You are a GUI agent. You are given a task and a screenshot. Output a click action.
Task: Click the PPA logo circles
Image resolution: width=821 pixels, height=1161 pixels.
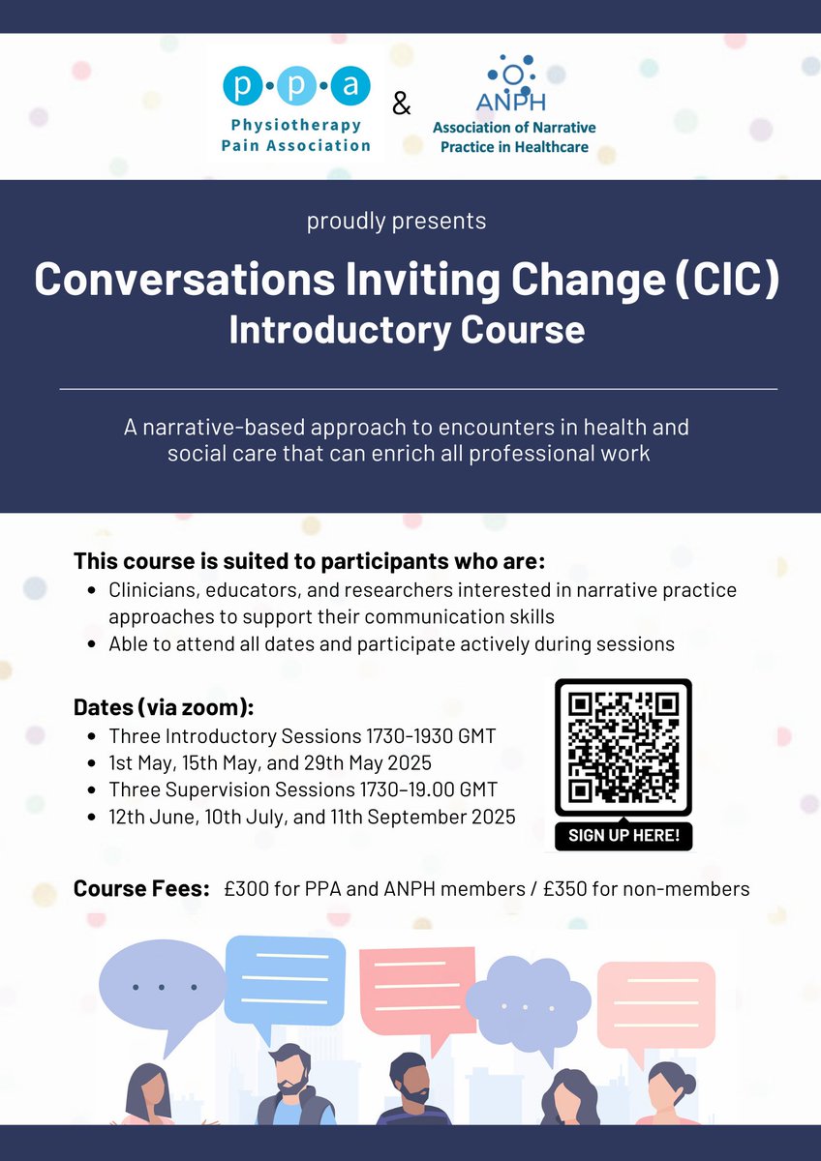[x=295, y=88]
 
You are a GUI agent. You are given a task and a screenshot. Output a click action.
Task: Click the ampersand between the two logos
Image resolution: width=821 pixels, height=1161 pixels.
[x=402, y=104]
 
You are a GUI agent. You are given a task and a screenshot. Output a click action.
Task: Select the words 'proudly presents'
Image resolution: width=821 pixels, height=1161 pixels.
[x=396, y=221]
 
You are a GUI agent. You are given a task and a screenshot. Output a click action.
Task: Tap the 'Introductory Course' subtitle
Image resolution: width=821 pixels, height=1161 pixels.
[x=407, y=330]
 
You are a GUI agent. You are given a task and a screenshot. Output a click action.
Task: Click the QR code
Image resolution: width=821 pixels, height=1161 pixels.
[x=623, y=748]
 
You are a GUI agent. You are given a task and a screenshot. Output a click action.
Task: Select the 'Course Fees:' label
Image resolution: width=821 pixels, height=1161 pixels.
[x=141, y=888]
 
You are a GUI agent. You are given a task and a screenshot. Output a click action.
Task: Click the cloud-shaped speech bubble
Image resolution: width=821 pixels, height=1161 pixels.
[x=528, y=1000]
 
